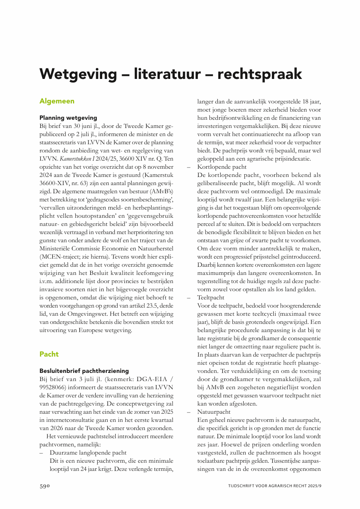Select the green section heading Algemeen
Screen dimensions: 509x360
click(57, 101)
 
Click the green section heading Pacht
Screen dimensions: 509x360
click(49, 354)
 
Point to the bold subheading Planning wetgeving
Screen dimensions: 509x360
click(68, 117)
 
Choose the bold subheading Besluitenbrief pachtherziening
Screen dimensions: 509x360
click(84, 371)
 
